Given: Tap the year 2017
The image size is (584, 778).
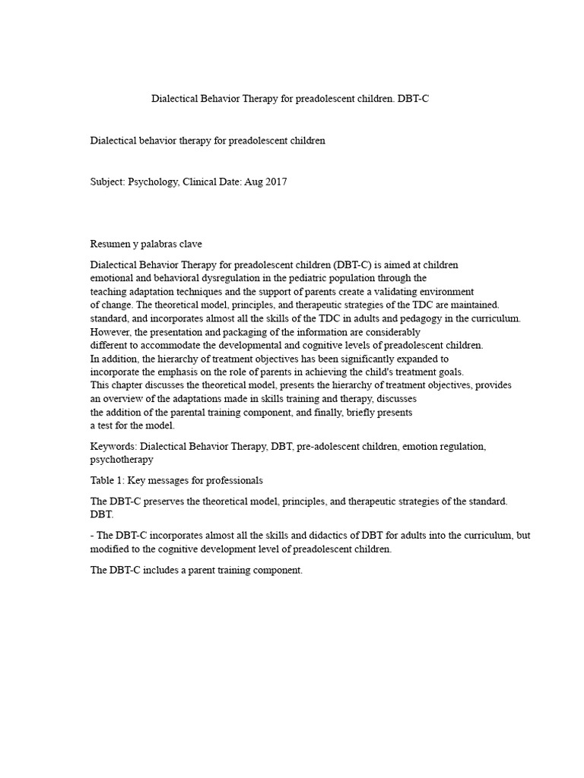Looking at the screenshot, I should click(275, 182).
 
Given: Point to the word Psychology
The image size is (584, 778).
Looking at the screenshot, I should click(154, 182).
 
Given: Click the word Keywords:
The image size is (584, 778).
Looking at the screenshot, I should click(113, 447).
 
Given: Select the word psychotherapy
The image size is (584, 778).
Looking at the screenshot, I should click(122, 460).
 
